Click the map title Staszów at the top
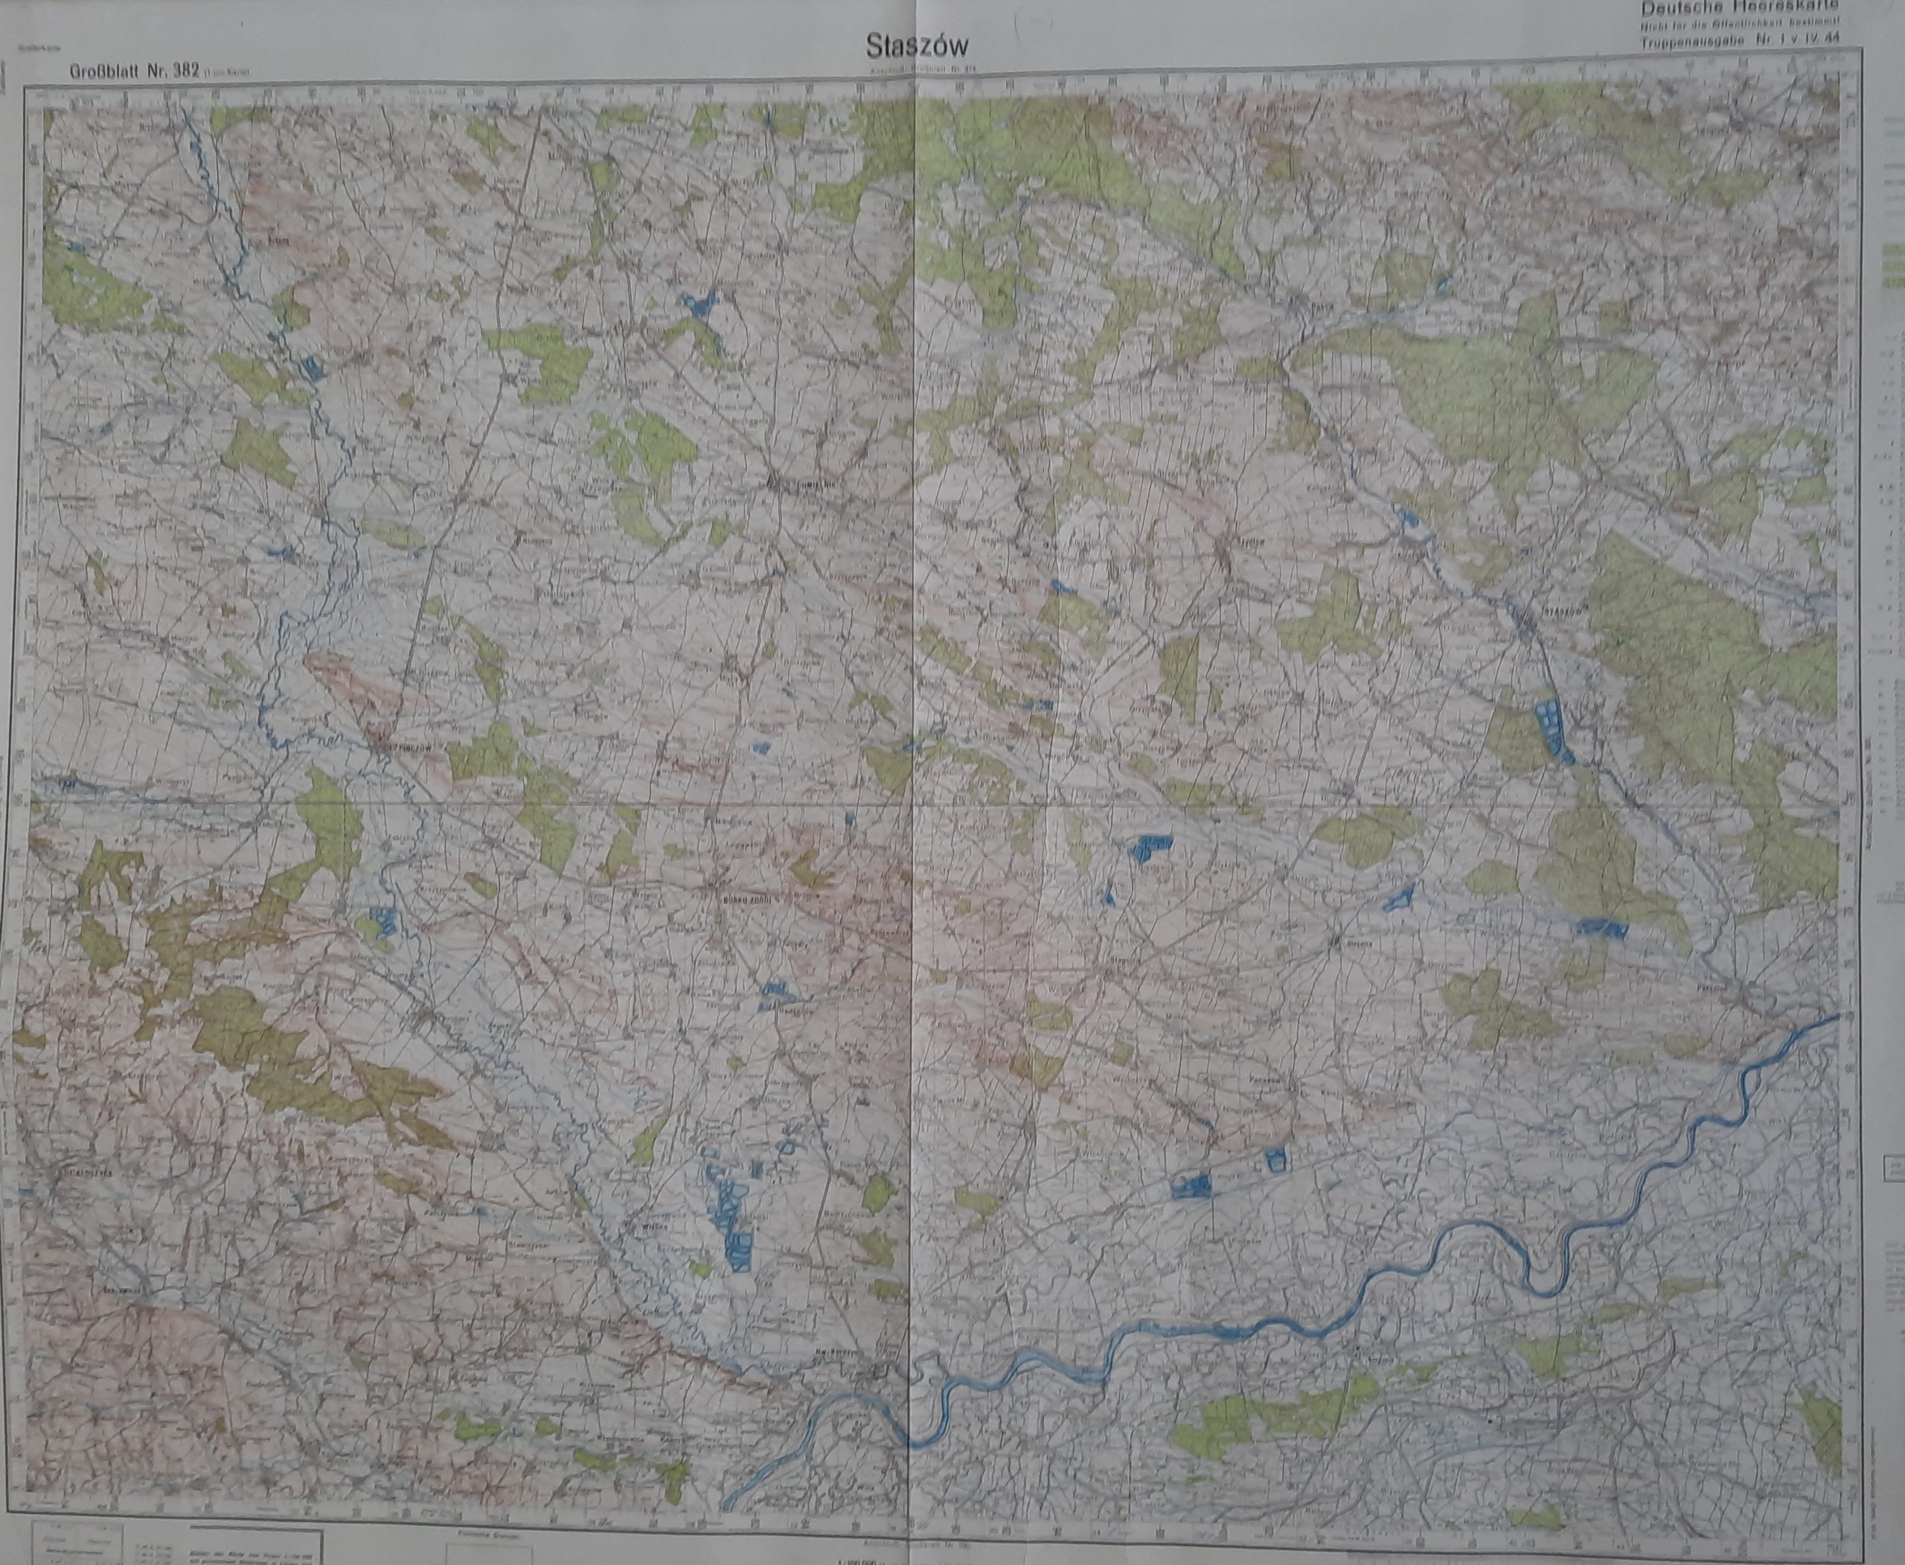pos(919,45)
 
